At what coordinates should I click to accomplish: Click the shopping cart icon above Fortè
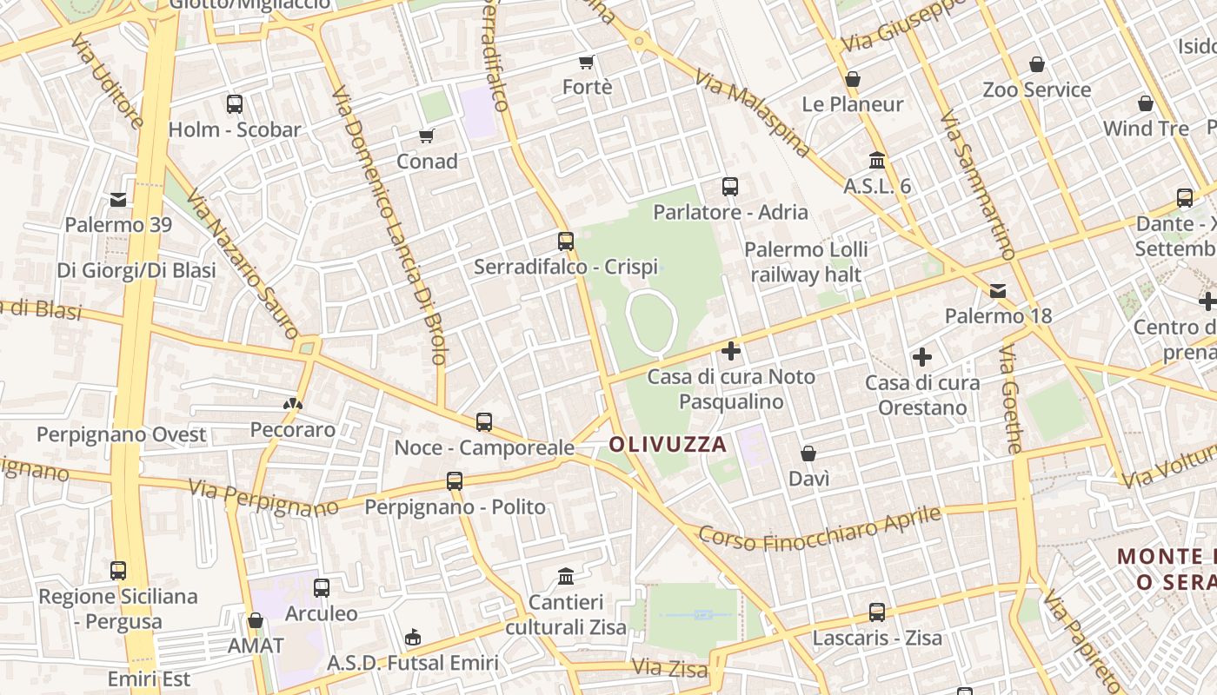[x=586, y=62]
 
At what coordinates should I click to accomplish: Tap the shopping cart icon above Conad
[x=426, y=136]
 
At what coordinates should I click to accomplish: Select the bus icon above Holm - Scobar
[x=235, y=104]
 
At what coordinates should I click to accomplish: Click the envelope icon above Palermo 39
[x=118, y=200]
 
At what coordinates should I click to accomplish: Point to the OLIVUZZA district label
[x=668, y=445]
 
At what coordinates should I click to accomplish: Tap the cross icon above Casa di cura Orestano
[x=922, y=357]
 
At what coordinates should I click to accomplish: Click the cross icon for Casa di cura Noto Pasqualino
[x=731, y=351]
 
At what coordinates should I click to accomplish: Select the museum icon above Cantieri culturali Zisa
[x=567, y=576]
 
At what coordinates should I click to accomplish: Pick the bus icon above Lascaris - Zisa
[x=877, y=612]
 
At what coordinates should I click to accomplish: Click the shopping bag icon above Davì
[x=808, y=453]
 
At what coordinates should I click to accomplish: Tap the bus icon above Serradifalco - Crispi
[x=566, y=242]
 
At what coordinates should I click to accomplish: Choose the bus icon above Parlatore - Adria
[x=730, y=187]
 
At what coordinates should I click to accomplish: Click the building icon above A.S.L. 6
[x=877, y=161]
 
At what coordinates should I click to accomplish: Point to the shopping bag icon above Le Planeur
[x=853, y=79]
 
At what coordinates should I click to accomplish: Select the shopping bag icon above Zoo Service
[x=1036, y=64]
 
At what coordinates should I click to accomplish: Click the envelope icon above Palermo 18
[x=998, y=290]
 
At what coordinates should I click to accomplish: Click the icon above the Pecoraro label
[x=293, y=404]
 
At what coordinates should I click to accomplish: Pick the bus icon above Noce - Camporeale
[x=484, y=422]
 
